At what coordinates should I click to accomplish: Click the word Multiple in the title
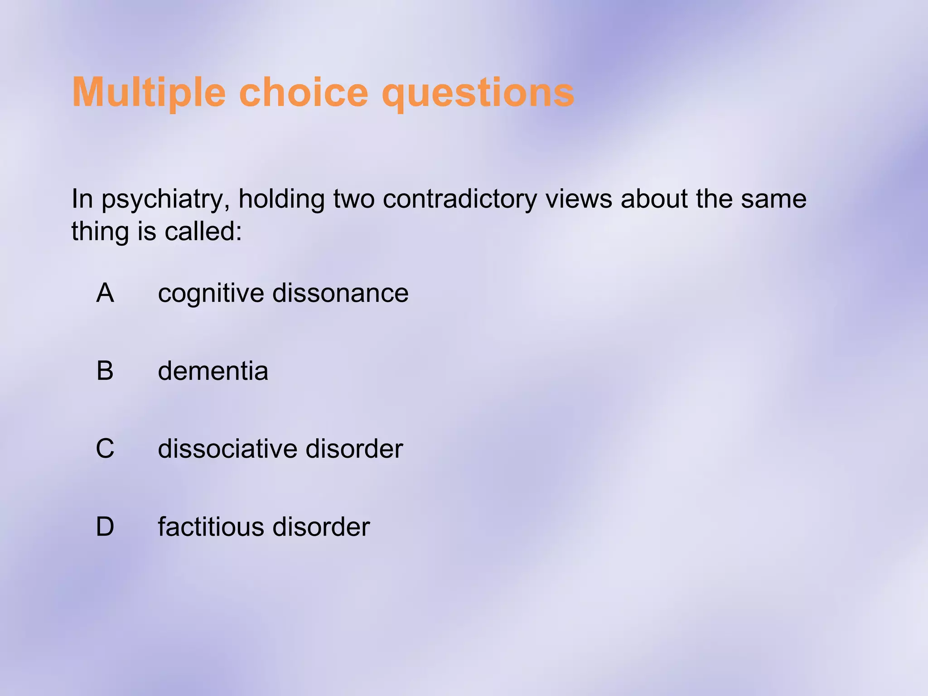(x=149, y=93)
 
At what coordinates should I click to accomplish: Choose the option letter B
(x=105, y=371)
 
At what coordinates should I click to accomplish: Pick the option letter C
(x=105, y=449)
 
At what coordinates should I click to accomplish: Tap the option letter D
(x=105, y=527)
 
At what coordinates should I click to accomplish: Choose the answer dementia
(x=213, y=371)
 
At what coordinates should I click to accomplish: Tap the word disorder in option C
(x=354, y=449)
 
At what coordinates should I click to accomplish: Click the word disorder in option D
(x=321, y=527)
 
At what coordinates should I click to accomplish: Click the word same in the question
(x=773, y=199)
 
